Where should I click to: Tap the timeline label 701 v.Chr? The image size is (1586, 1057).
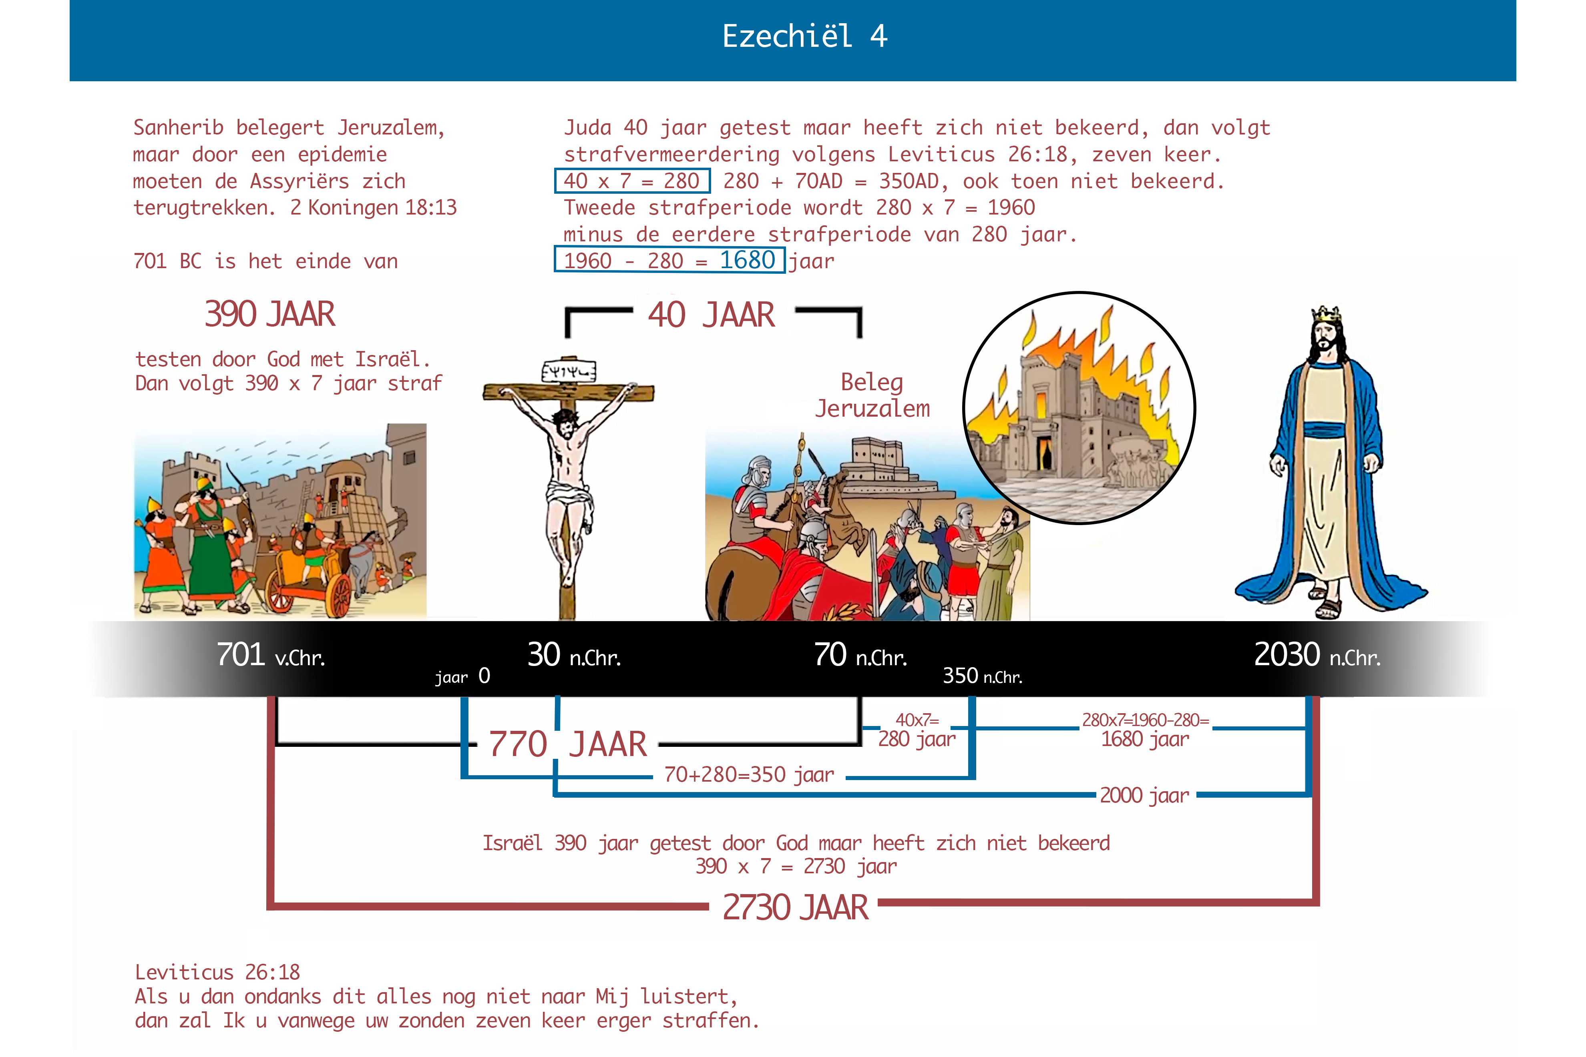click(270, 655)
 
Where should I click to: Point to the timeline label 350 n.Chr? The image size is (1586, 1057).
click(982, 676)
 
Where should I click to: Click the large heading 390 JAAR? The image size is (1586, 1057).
click(270, 314)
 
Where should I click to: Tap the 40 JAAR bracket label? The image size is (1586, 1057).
click(712, 315)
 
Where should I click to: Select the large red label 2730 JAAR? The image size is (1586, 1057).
click(795, 907)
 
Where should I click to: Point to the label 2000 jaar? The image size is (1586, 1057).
click(1144, 795)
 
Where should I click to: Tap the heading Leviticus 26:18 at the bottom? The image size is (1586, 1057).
click(217, 972)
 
